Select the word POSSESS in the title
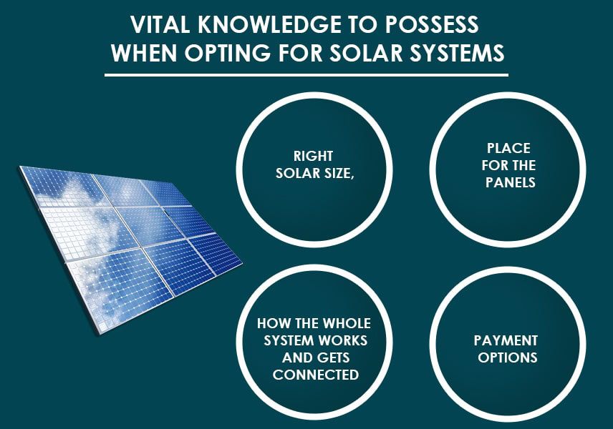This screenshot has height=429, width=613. pos(432,24)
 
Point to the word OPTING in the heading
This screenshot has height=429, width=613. pos(228,53)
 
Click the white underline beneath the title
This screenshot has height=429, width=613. pos(306,74)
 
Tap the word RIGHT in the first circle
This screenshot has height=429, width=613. pos(313,156)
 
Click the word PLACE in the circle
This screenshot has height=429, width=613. pos(508,148)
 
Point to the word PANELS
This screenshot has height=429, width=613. pos(510,182)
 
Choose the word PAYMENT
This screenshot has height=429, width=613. pos(506,340)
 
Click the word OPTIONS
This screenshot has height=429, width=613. pos(508,357)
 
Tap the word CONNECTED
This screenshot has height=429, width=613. pos(316,375)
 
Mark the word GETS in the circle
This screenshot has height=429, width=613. pos(334,357)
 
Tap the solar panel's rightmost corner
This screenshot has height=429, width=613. pos(243,262)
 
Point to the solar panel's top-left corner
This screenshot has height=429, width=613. pos(19,167)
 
